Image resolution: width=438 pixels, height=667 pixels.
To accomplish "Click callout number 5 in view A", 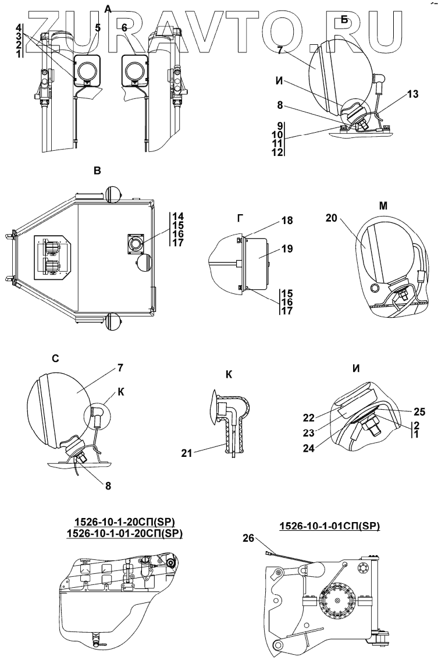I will coord(98,27).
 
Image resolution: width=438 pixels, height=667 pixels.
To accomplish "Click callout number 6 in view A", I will coord(124,27).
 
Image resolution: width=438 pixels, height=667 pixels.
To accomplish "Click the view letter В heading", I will coord(97,171).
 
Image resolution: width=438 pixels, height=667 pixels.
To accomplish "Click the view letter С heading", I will coord(55,359).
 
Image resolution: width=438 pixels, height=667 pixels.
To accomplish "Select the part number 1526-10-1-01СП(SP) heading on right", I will coord(329,526).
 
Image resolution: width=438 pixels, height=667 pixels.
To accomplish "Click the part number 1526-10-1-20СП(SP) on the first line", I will coord(117,521).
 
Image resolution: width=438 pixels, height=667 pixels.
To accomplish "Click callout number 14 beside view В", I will coord(177,216).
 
